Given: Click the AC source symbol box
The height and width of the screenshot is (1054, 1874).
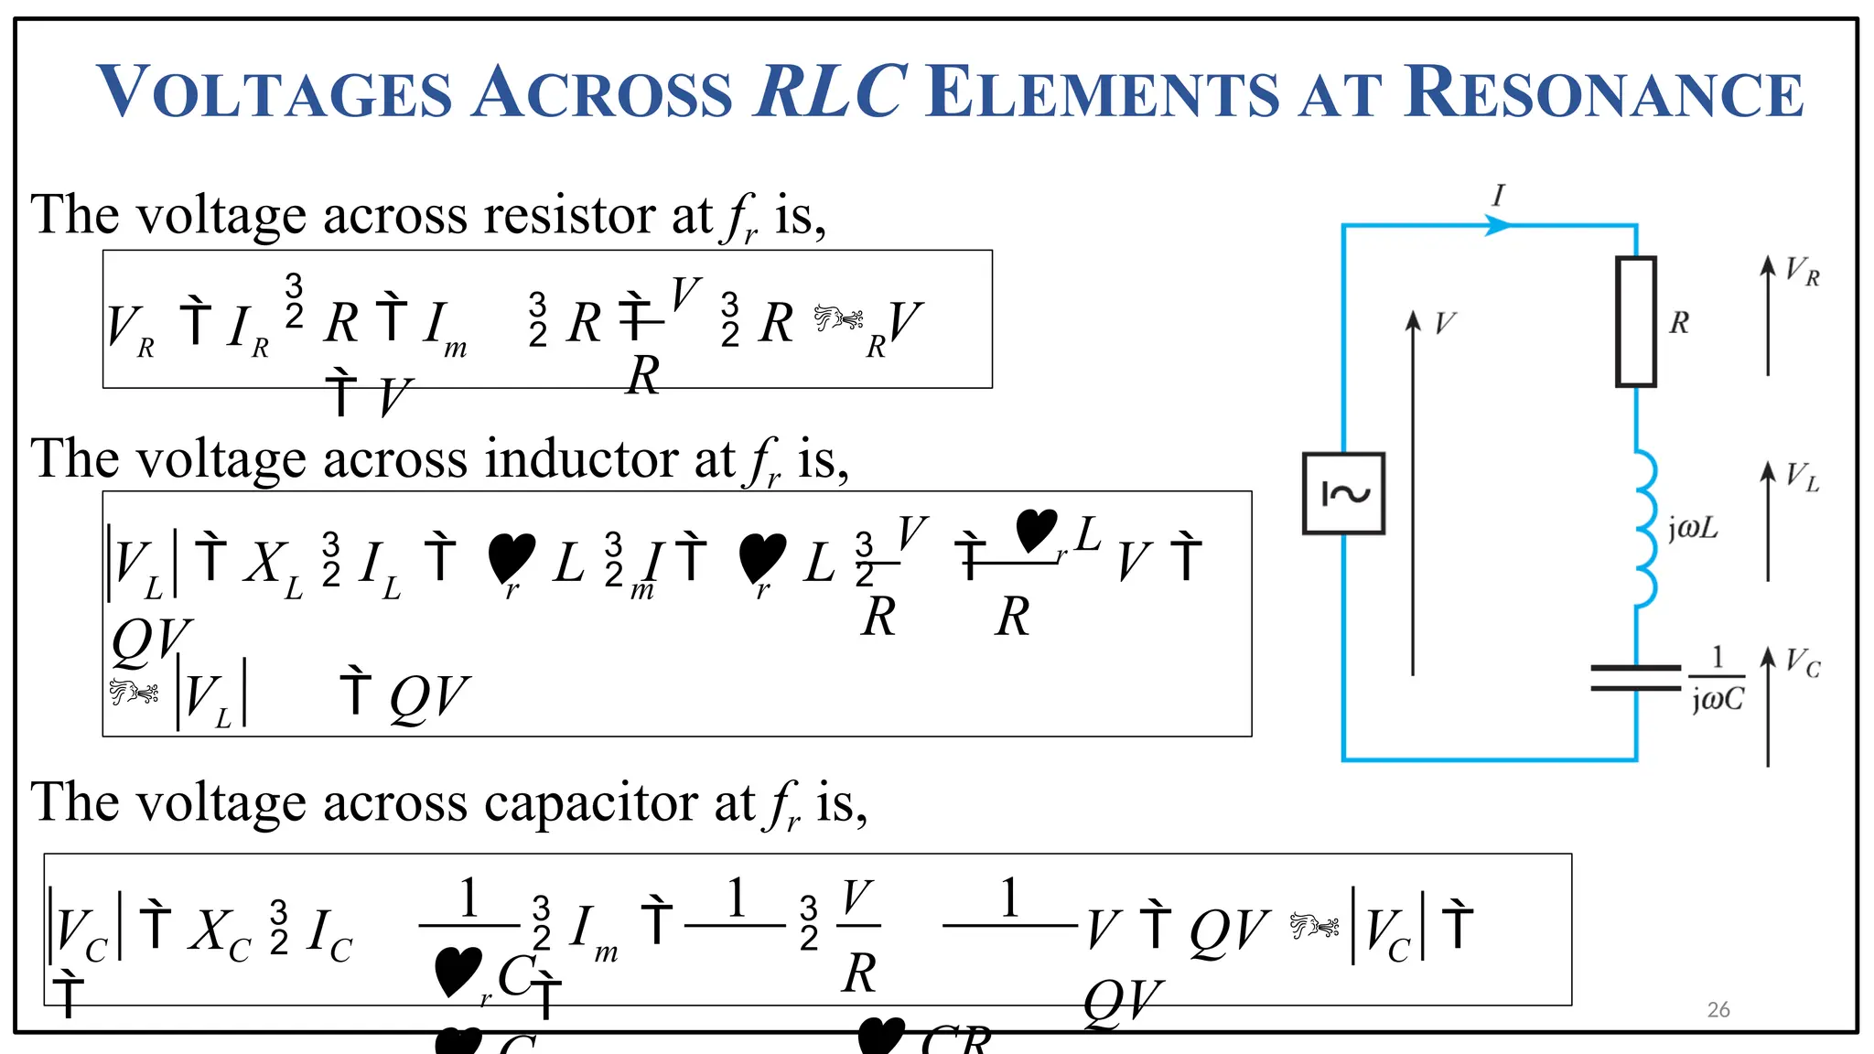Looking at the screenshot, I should tap(1343, 493).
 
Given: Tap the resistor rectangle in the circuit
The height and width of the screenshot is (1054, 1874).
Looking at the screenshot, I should tap(1636, 321).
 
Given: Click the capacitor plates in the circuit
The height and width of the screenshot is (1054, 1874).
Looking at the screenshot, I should tap(1636, 678).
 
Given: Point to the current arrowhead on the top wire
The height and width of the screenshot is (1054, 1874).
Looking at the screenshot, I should tap(1497, 225).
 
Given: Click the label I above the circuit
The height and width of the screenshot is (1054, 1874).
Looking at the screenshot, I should tap(1498, 195).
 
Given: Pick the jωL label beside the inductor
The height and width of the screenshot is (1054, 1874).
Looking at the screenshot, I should tap(1693, 529).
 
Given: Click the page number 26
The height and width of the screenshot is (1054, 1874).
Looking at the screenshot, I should tap(1718, 1009).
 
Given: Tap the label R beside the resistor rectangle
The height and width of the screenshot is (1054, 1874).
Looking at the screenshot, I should tap(1679, 322).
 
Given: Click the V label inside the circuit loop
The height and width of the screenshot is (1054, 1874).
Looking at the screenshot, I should tap(1444, 323).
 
